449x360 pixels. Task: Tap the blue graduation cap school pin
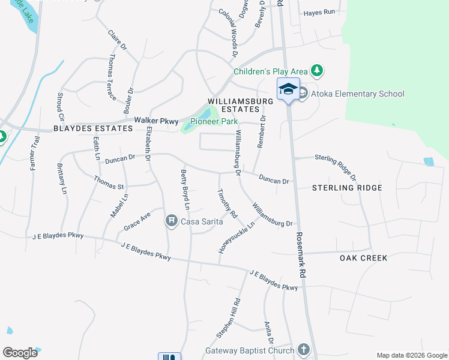tap(288, 89)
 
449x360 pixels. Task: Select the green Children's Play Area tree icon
tap(318, 71)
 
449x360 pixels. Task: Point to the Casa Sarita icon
tap(172, 221)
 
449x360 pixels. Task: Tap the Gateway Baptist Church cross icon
tap(304, 350)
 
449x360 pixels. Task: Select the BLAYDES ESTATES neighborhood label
tap(92, 128)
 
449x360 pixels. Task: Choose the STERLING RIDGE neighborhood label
tap(347, 188)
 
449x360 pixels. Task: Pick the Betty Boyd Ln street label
tap(185, 190)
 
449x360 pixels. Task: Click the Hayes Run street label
tap(319, 12)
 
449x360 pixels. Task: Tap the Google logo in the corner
tap(20, 353)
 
